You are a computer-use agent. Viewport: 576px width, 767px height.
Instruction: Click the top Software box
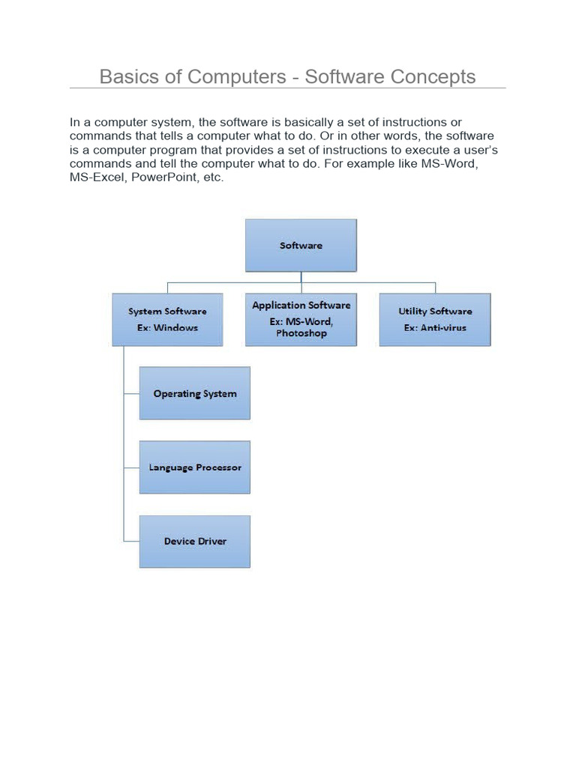301,245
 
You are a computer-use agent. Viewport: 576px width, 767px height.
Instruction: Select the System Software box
167,319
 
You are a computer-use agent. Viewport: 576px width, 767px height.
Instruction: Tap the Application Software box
301,319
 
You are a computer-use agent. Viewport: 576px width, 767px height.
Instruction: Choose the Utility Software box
435,319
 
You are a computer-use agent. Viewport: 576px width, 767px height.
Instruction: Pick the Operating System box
194,393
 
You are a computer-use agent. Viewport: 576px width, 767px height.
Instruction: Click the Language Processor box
194,467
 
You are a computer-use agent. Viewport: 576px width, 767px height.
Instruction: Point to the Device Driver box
194,541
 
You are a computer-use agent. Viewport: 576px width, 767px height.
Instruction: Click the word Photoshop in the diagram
301,333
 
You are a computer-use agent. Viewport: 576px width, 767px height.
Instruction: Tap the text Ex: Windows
167,327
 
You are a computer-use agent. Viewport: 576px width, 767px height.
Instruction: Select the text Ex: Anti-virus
435,327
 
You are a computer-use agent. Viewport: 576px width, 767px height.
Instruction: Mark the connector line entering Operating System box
131,393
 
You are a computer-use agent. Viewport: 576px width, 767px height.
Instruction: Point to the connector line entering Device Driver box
131,541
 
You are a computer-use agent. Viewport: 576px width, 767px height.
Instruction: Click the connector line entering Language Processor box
131,467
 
